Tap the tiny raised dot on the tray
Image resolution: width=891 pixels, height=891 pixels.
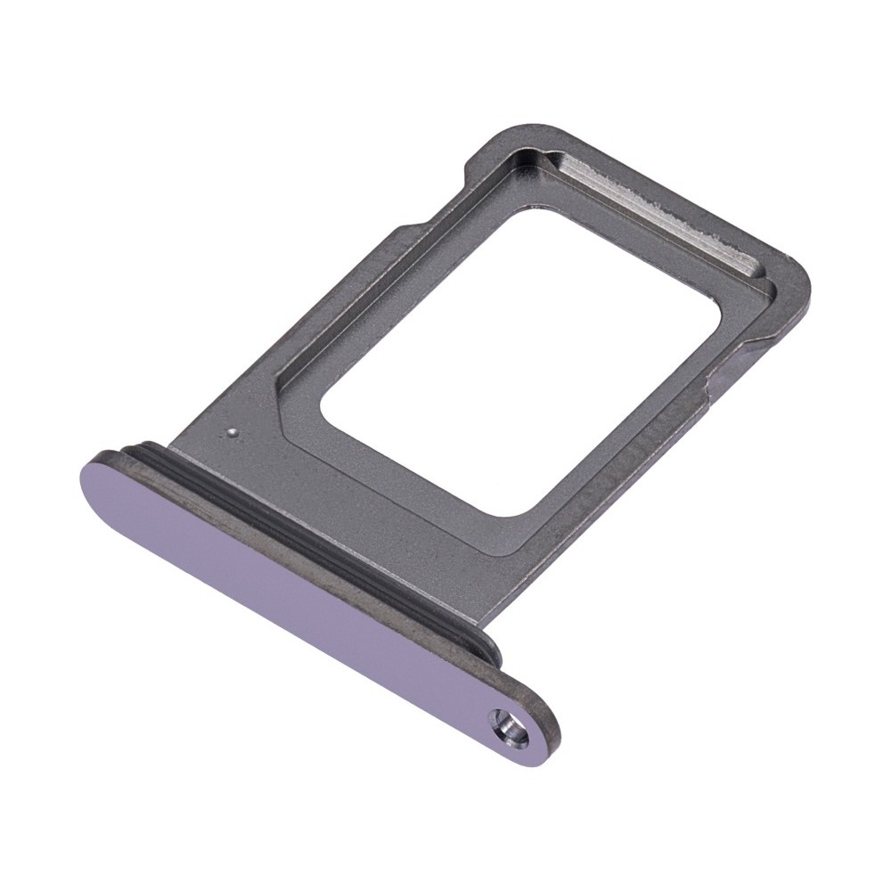[x=232, y=433]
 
